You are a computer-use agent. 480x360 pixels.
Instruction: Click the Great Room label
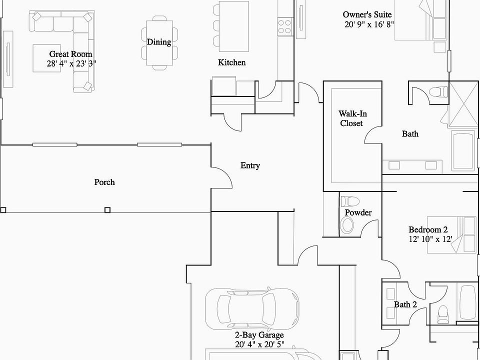click(70, 54)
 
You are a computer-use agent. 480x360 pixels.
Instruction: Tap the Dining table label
click(159, 42)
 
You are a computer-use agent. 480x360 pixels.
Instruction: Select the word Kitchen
click(232, 62)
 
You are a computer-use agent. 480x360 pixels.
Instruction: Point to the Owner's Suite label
click(367, 14)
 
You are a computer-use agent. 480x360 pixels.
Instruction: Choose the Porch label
click(104, 182)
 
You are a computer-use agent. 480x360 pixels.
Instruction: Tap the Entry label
click(250, 165)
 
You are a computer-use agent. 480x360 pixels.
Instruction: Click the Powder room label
click(358, 212)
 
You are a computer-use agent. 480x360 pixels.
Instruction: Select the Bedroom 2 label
click(428, 229)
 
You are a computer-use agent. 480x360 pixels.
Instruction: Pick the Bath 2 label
click(405, 304)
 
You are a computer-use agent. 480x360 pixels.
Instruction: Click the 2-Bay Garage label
click(259, 335)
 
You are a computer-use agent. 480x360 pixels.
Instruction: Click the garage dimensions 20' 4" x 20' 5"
click(259, 344)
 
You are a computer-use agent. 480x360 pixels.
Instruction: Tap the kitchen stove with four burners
click(284, 26)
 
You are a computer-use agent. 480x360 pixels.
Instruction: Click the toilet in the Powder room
click(349, 201)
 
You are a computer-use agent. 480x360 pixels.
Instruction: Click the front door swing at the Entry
click(220, 176)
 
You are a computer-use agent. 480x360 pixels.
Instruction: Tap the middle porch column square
click(107, 210)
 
